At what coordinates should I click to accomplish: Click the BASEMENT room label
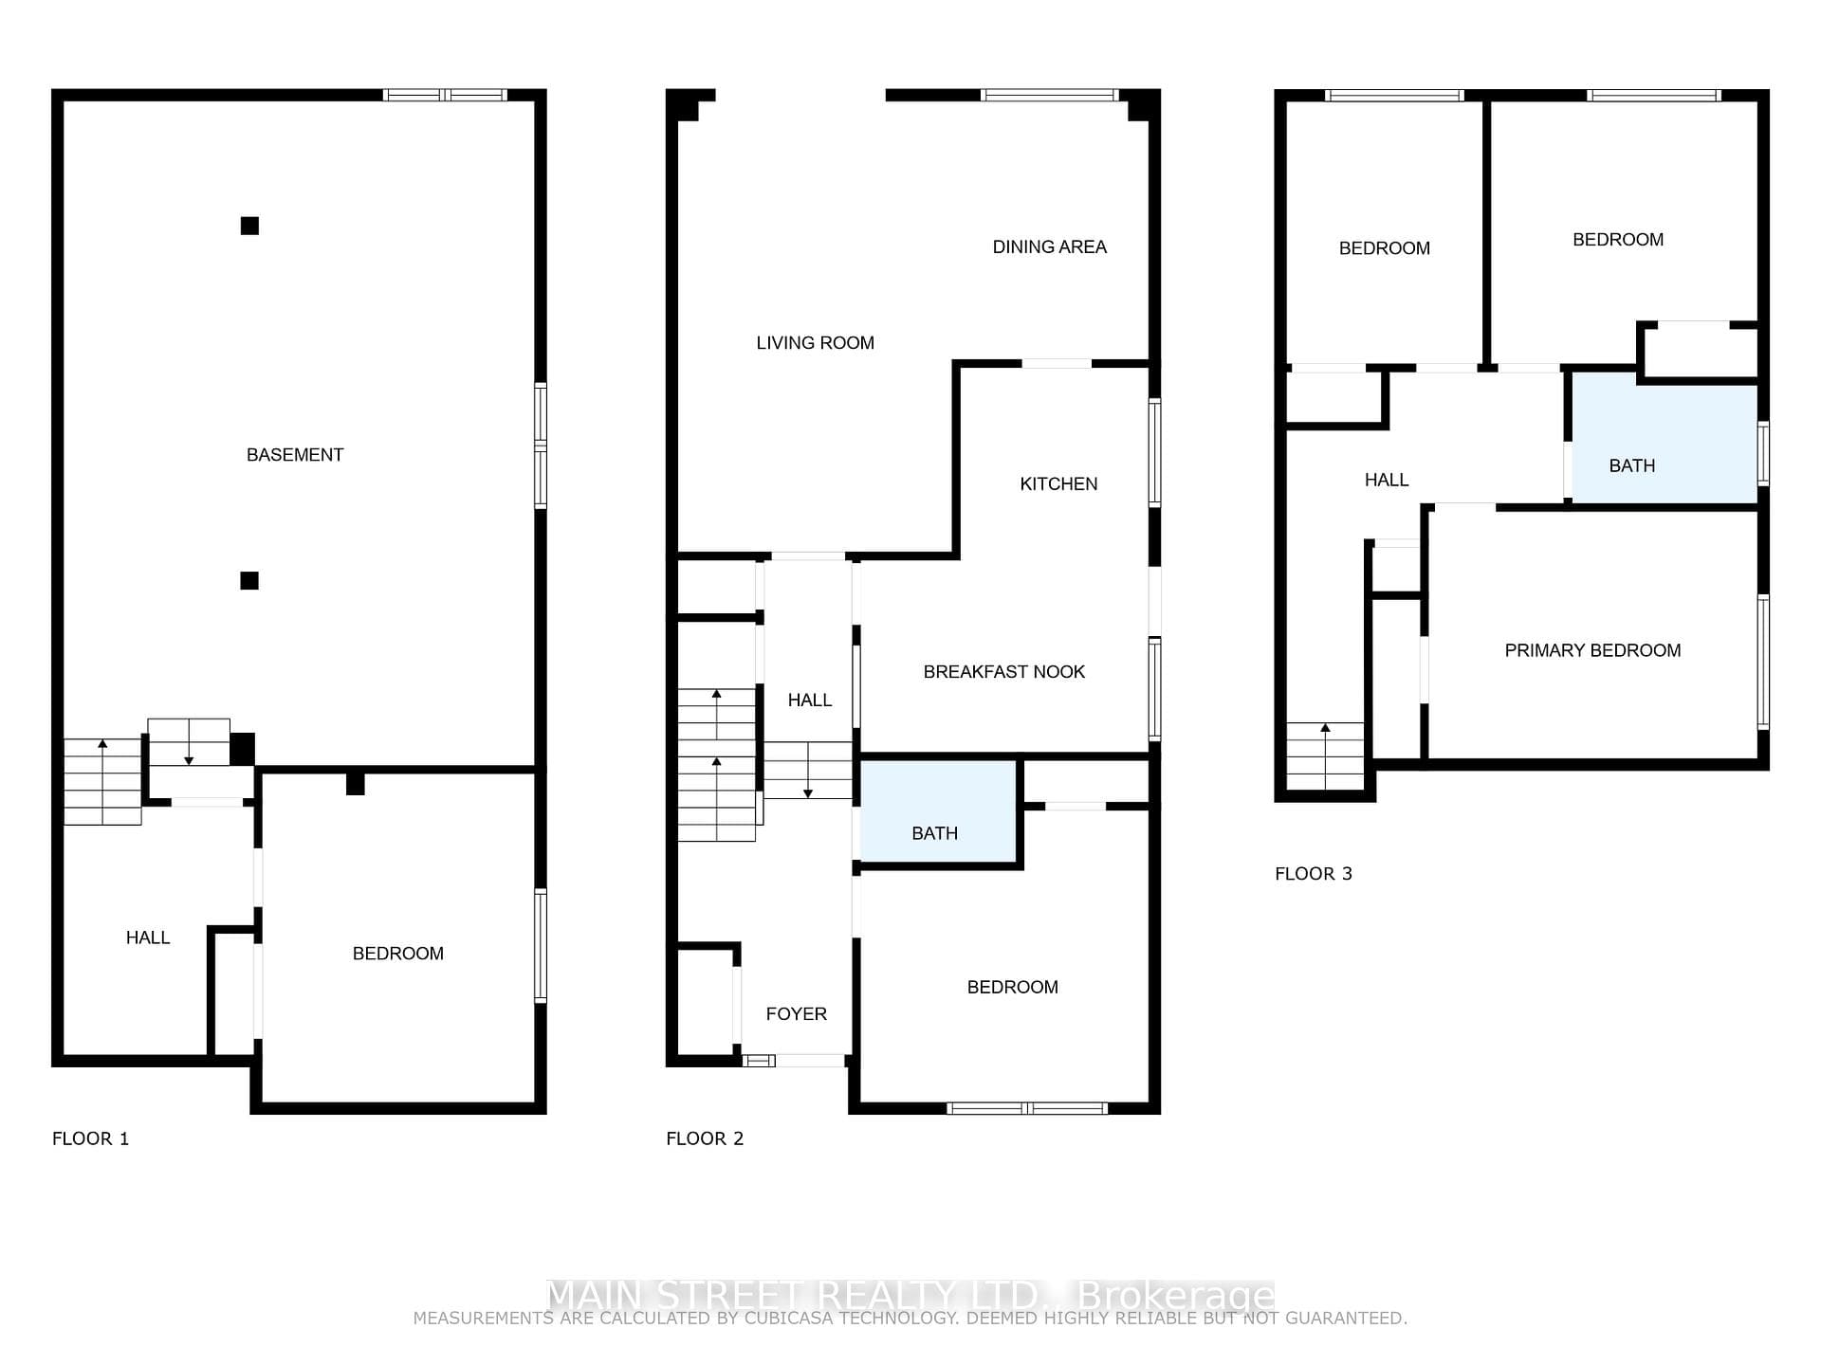[x=295, y=455]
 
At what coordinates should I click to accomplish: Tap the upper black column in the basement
[x=249, y=226]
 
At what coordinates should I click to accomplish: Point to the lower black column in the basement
[x=249, y=581]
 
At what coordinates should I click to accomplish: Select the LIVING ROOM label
[x=815, y=343]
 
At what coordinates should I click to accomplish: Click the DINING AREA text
[x=1049, y=247]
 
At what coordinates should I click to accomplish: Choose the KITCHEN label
[x=1058, y=484]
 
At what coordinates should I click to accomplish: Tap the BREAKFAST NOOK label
[x=1003, y=672]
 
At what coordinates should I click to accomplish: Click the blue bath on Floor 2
[x=938, y=812]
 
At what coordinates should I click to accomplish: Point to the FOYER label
[x=796, y=1014]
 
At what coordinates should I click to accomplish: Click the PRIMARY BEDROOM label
[x=1592, y=651]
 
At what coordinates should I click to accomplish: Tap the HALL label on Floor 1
[x=148, y=938]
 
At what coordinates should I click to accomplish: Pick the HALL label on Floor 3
[x=1387, y=481]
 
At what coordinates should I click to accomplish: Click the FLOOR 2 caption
[x=705, y=1139]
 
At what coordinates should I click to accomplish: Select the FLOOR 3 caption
[x=1314, y=874]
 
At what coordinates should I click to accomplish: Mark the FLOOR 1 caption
[x=90, y=1139]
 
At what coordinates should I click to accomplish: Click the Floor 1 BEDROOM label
[x=398, y=954]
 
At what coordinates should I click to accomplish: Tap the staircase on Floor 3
[x=1325, y=756]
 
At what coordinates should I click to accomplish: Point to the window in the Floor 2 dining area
[x=1050, y=95]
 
